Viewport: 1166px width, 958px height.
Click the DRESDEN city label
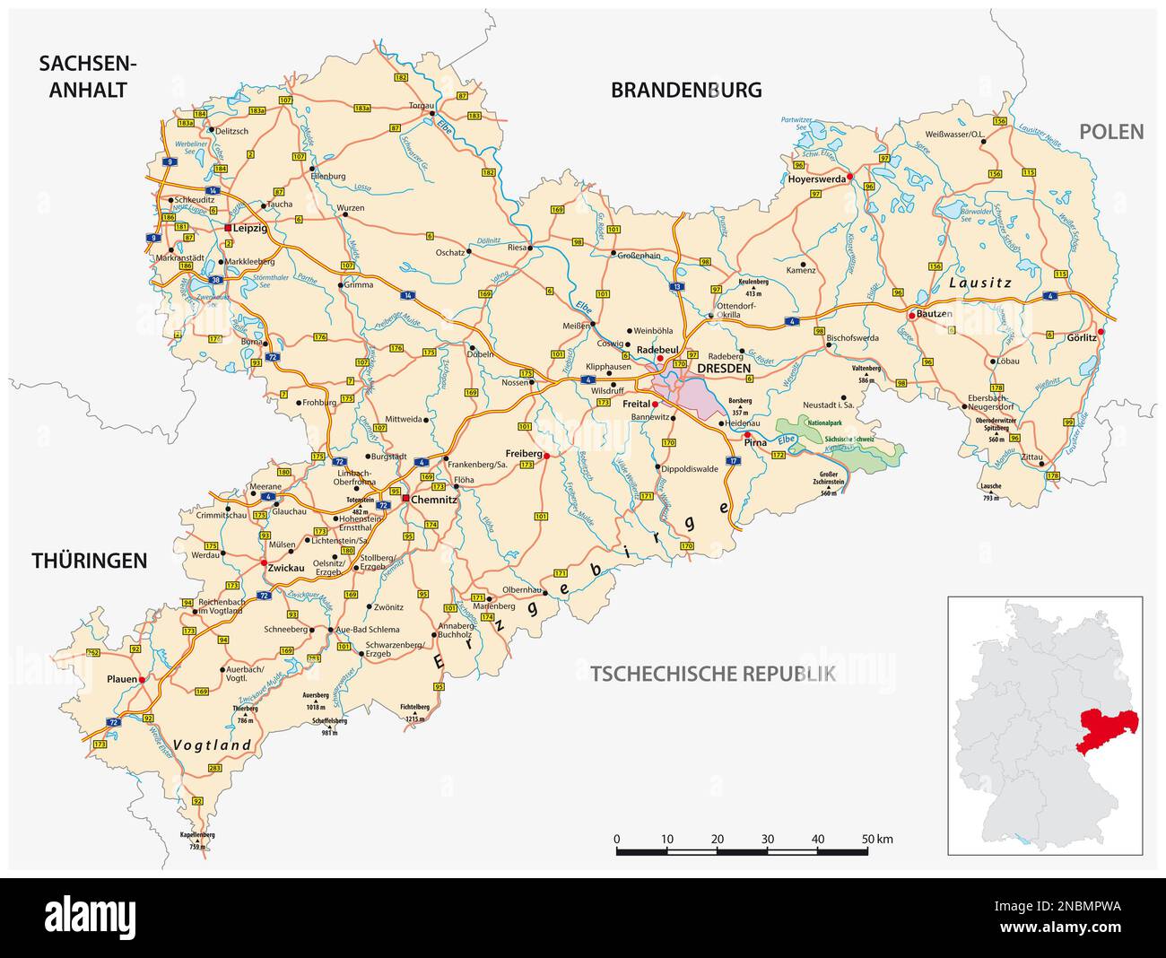(x=723, y=368)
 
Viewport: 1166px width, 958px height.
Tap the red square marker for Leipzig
(x=228, y=228)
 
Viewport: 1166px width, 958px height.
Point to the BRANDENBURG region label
(x=686, y=90)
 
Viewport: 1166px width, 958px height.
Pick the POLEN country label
(x=1111, y=132)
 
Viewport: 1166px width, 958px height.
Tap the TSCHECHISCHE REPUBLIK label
(x=713, y=674)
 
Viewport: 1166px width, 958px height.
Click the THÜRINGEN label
(x=89, y=561)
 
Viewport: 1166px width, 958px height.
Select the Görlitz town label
(x=1082, y=338)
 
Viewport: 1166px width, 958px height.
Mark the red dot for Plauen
(x=142, y=680)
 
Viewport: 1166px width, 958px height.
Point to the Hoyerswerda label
(x=816, y=179)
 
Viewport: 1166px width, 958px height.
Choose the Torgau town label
(x=422, y=105)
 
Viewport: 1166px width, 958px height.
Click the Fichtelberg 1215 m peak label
(x=414, y=713)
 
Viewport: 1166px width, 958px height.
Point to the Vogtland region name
(x=212, y=745)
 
